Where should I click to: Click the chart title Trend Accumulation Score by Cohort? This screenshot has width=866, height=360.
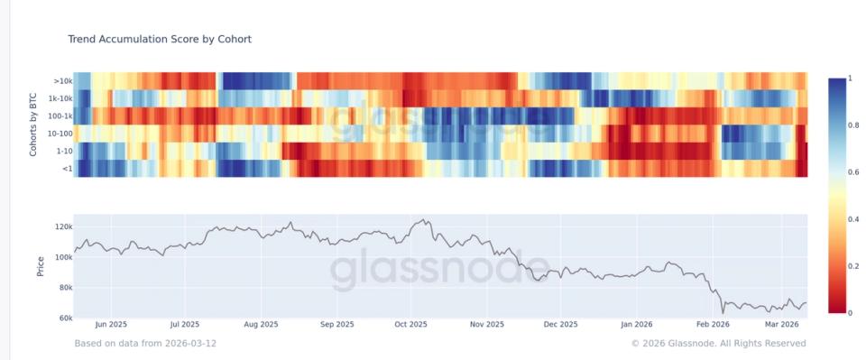coord(159,40)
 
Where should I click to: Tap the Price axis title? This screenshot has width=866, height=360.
coord(40,266)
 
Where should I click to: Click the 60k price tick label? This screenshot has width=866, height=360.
coord(61,318)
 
